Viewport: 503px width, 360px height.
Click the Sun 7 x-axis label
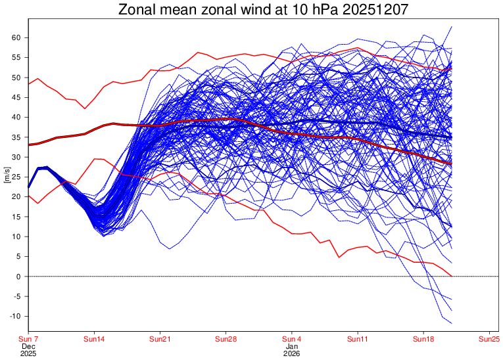pyautogui.click(x=28, y=338)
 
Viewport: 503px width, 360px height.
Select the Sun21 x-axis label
pyautogui.click(x=160, y=338)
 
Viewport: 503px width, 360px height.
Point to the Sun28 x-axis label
pyautogui.click(x=226, y=338)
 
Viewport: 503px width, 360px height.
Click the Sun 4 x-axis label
pyautogui.click(x=291, y=338)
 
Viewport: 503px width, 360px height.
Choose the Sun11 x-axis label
pyautogui.click(x=357, y=338)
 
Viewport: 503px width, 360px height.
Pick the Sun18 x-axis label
pyautogui.click(x=423, y=338)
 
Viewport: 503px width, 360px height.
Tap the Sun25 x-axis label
pyautogui.click(x=489, y=338)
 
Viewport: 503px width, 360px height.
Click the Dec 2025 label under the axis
pyautogui.click(x=28, y=349)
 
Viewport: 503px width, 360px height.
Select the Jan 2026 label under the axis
pyautogui.click(x=292, y=349)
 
